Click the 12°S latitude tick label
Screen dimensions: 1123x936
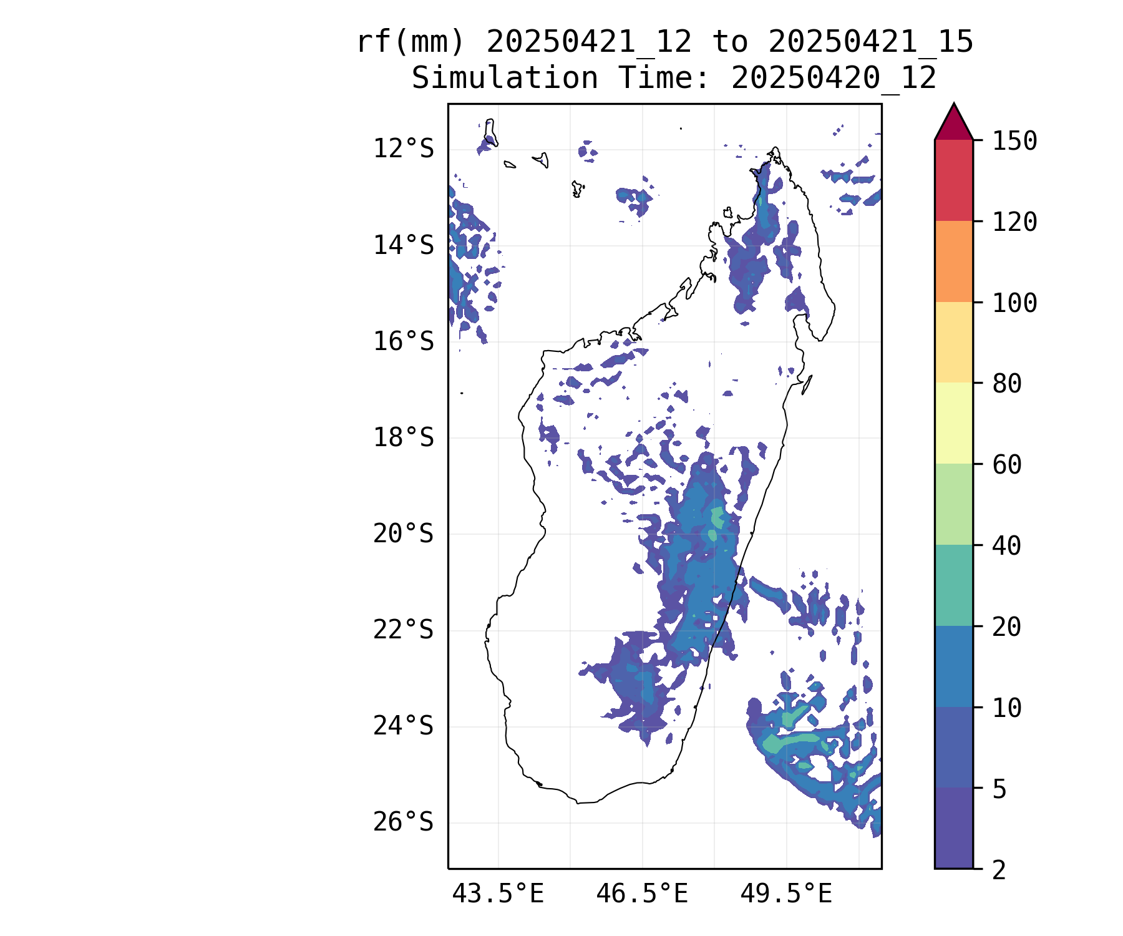click(x=403, y=149)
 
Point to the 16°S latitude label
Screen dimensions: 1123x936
click(x=403, y=341)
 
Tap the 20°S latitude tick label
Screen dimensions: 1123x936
click(x=403, y=534)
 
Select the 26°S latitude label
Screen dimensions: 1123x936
click(x=403, y=822)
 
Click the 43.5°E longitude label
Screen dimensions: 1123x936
click(x=498, y=894)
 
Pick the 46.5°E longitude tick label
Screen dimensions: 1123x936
click(x=642, y=894)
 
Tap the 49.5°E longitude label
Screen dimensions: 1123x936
click(x=786, y=894)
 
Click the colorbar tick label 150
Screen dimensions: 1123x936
click(x=1014, y=140)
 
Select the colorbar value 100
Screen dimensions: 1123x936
click(x=1014, y=303)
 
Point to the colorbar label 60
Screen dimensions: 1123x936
click(x=1007, y=464)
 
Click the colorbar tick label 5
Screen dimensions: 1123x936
click(x=999, y=789)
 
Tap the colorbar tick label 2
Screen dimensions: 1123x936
click(x=999, y=870)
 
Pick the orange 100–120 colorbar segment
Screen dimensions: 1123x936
click(x=953, y=261)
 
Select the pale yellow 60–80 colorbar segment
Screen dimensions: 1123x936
click(x=953, y=423)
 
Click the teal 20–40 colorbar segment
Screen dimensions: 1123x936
click(x=953, y=585)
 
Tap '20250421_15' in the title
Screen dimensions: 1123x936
click(x=871, y=42)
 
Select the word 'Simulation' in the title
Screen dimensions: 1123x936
click(x=505, y=78)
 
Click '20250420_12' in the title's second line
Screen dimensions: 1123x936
click(x=834, y=78)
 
